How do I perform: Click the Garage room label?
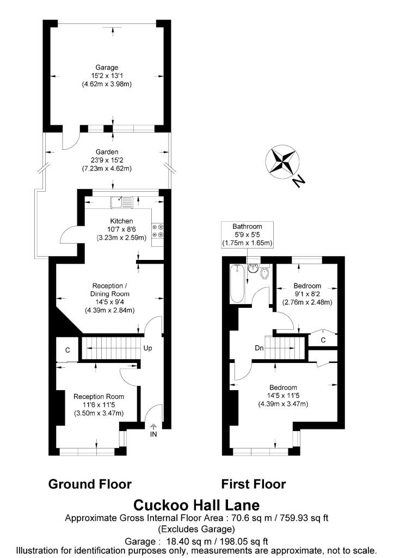(106, 75)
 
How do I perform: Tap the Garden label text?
(106, 160)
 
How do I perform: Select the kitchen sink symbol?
(121, 202)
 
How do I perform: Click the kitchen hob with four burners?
(158, 231)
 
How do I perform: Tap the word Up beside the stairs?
(147, 347)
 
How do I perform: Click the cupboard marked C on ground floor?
(67, 350)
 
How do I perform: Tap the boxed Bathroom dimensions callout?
(248, 234)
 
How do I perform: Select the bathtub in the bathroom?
(237, 283)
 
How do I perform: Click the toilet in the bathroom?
(265, 273)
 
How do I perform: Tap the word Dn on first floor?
(260, 347)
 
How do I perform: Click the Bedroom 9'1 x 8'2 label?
(307, 294)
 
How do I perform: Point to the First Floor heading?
(253, 484)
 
